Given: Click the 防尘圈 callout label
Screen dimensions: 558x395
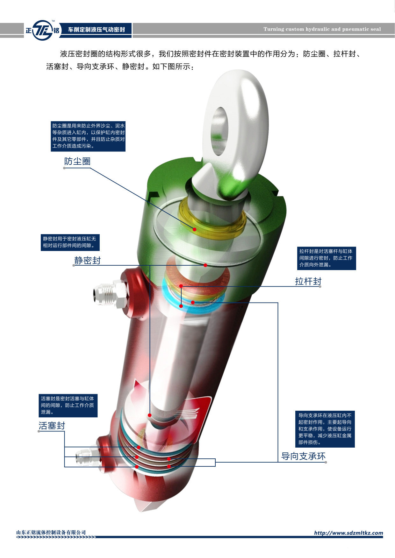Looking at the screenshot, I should click(x=77, y=161).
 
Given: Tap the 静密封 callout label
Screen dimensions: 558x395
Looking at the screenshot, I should click(x=88, y=261).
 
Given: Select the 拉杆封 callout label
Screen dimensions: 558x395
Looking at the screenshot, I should click(x=308, y=281).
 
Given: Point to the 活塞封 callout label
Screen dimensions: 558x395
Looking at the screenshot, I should click(x=52, y=426).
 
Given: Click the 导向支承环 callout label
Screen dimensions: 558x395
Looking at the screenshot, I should click(x=303, y=456).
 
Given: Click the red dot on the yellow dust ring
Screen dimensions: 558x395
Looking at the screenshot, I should click(x=194, y=229).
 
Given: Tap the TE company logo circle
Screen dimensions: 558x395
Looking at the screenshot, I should click(x=43, y=30).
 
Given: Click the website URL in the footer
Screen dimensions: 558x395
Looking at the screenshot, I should click(x=348, y=533).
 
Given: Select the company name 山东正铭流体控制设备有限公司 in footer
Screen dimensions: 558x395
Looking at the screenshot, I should click(x=51, y=532).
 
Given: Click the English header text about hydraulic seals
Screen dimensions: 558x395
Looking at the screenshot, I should click(x=322, y=29).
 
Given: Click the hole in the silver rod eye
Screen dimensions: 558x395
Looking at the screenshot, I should click(x=219, y=130).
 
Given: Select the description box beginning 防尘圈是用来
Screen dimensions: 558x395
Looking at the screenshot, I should click(x=88, y=136).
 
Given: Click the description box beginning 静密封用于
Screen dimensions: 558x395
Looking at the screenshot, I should click(x=70, y=242).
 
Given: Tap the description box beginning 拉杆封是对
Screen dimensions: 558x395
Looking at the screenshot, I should click(x=326, y=258).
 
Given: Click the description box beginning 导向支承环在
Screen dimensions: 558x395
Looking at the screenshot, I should click(x=325, y=429).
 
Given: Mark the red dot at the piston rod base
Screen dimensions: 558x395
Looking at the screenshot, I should click(x=149, y=415).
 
